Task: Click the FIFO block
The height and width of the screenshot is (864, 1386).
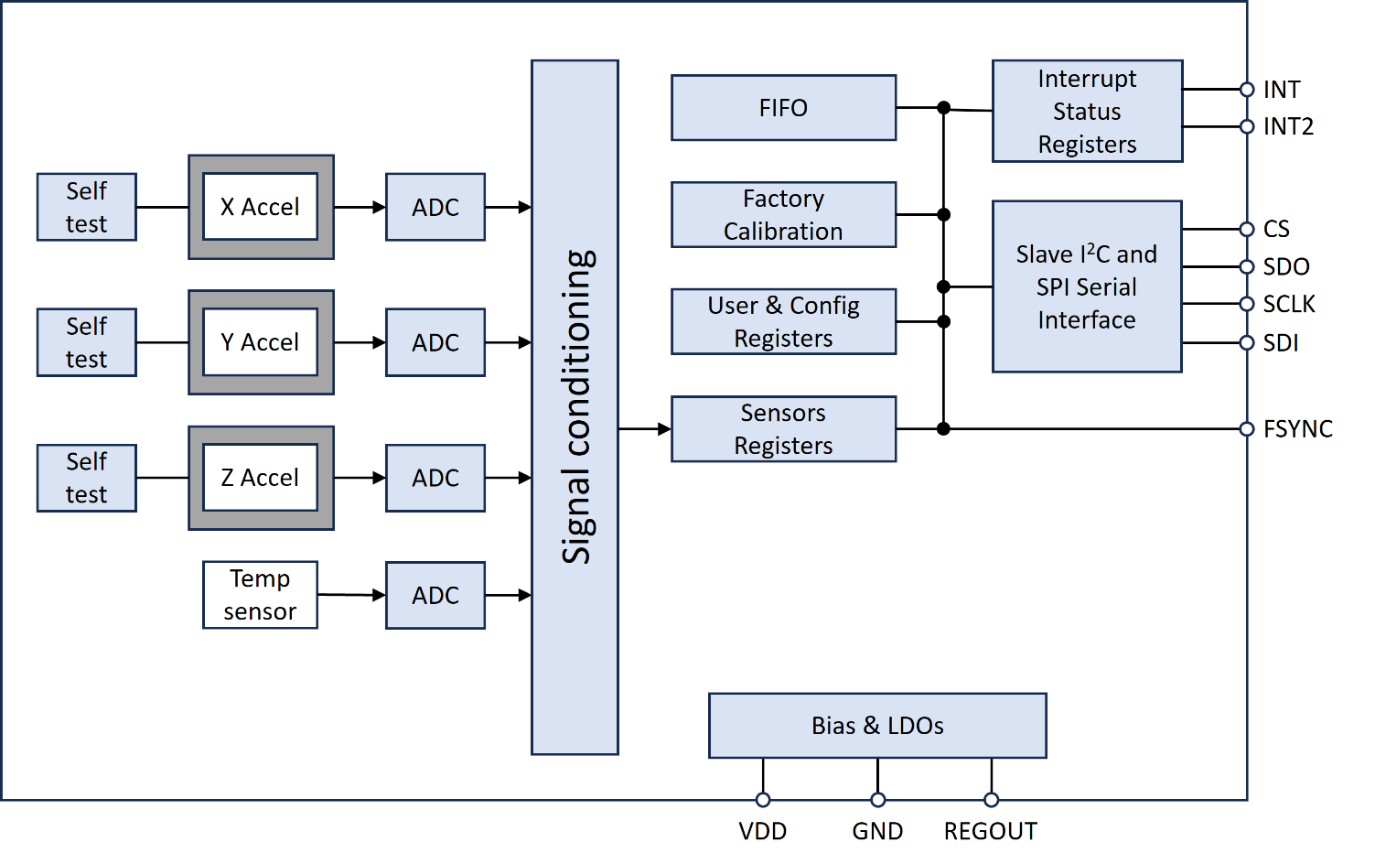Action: [x=783, y=108]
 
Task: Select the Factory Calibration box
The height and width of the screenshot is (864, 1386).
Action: [x=783, y=215]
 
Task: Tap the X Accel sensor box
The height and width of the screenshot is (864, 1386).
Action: [x=261, y=207]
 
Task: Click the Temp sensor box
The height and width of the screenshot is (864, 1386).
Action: [x=260, y=595]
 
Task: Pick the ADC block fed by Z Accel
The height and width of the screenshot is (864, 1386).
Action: [x=435, y=478]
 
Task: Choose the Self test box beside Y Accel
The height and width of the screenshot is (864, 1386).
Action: [x=87, y=342]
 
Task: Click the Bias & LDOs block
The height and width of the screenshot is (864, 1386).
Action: [x=877, y=726]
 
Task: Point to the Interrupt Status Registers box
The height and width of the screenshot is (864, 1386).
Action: [x=1087, y=112]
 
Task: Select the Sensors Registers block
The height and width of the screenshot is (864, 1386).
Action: [x=783, y=429]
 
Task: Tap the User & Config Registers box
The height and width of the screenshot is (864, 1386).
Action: [x=783, y=322]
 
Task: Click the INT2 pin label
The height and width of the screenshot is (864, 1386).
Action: [x=1288, y=127]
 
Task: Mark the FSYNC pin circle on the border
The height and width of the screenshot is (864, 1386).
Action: [x=1246, y=428]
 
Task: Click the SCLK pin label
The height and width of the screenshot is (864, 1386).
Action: [x=1288, y=304]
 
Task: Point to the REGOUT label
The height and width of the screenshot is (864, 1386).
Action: [x=990, y=831]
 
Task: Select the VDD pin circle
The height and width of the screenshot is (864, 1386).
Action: [x=763, y=799]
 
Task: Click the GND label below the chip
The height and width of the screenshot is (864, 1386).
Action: [x=877, y=831]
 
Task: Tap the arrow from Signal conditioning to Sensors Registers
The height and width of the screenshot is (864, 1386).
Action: [x=645, y=428]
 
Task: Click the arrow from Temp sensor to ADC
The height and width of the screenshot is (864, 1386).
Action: [x=352, y=595]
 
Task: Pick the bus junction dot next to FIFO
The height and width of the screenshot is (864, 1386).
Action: [x=943, y=108]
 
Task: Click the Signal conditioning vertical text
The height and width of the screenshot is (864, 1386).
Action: [x=576, y=407]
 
